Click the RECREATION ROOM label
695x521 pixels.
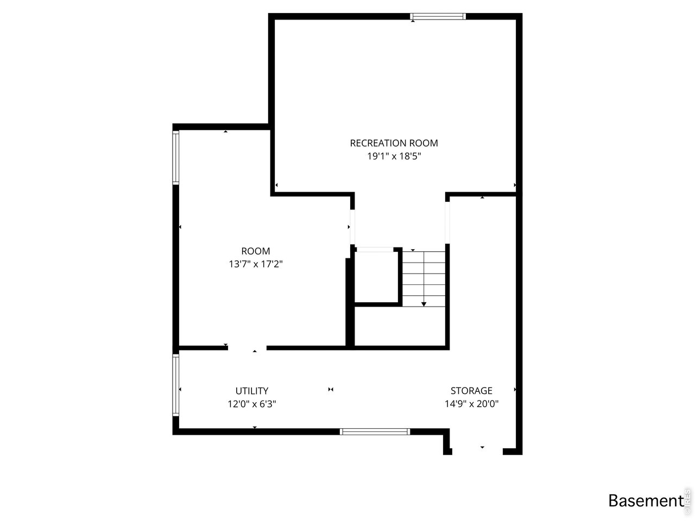pyautogui.click(x=394, y=143)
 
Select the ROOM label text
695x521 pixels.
pyautogui.click(x=255, y=251)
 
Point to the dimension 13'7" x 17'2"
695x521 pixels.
pyautogui.click(x=255, y=264)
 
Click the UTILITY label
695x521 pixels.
pyautogui.click(x=252, y=391)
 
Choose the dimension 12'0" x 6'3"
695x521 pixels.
pyautogui.click(x=252, y=404)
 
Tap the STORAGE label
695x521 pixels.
pyautogui.click(x=471, y=391)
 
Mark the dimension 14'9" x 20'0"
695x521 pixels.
pyautogui.click(x=471, y=404)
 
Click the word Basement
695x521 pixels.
pyautogui.click(x=645, y=500)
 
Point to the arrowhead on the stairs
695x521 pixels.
pyautogui.click(x=424, y=304)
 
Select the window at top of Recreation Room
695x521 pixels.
pyautogui.click(x=438, y=16)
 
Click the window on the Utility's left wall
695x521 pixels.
pyautogui.click(x=175, y=385)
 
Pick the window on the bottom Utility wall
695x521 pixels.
pyautogui.click(x=375, y=432)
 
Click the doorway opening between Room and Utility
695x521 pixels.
pyautogui.click(x=247, y=348)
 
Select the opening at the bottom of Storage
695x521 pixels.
pyautogui.click(x=477, y=450)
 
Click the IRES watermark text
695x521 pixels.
pyautogui.click(x=687, y=499)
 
